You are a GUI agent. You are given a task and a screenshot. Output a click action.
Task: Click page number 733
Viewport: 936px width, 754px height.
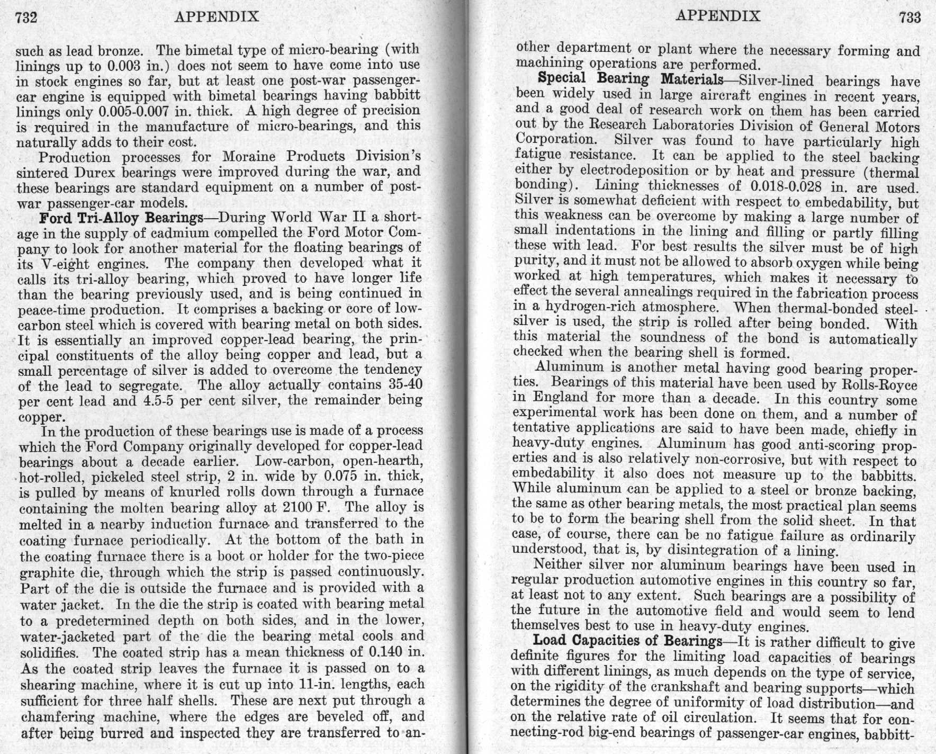910,17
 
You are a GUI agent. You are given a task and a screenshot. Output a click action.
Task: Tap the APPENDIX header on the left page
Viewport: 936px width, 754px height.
217,17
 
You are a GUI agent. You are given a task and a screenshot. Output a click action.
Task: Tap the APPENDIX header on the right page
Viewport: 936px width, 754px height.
718,16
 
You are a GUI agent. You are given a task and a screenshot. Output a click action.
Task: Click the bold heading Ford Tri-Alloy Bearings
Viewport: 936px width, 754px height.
121,218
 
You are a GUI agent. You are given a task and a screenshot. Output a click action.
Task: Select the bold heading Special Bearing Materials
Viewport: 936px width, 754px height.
630,79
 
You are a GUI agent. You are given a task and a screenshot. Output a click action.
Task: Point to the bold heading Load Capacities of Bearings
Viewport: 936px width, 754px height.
627,641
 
